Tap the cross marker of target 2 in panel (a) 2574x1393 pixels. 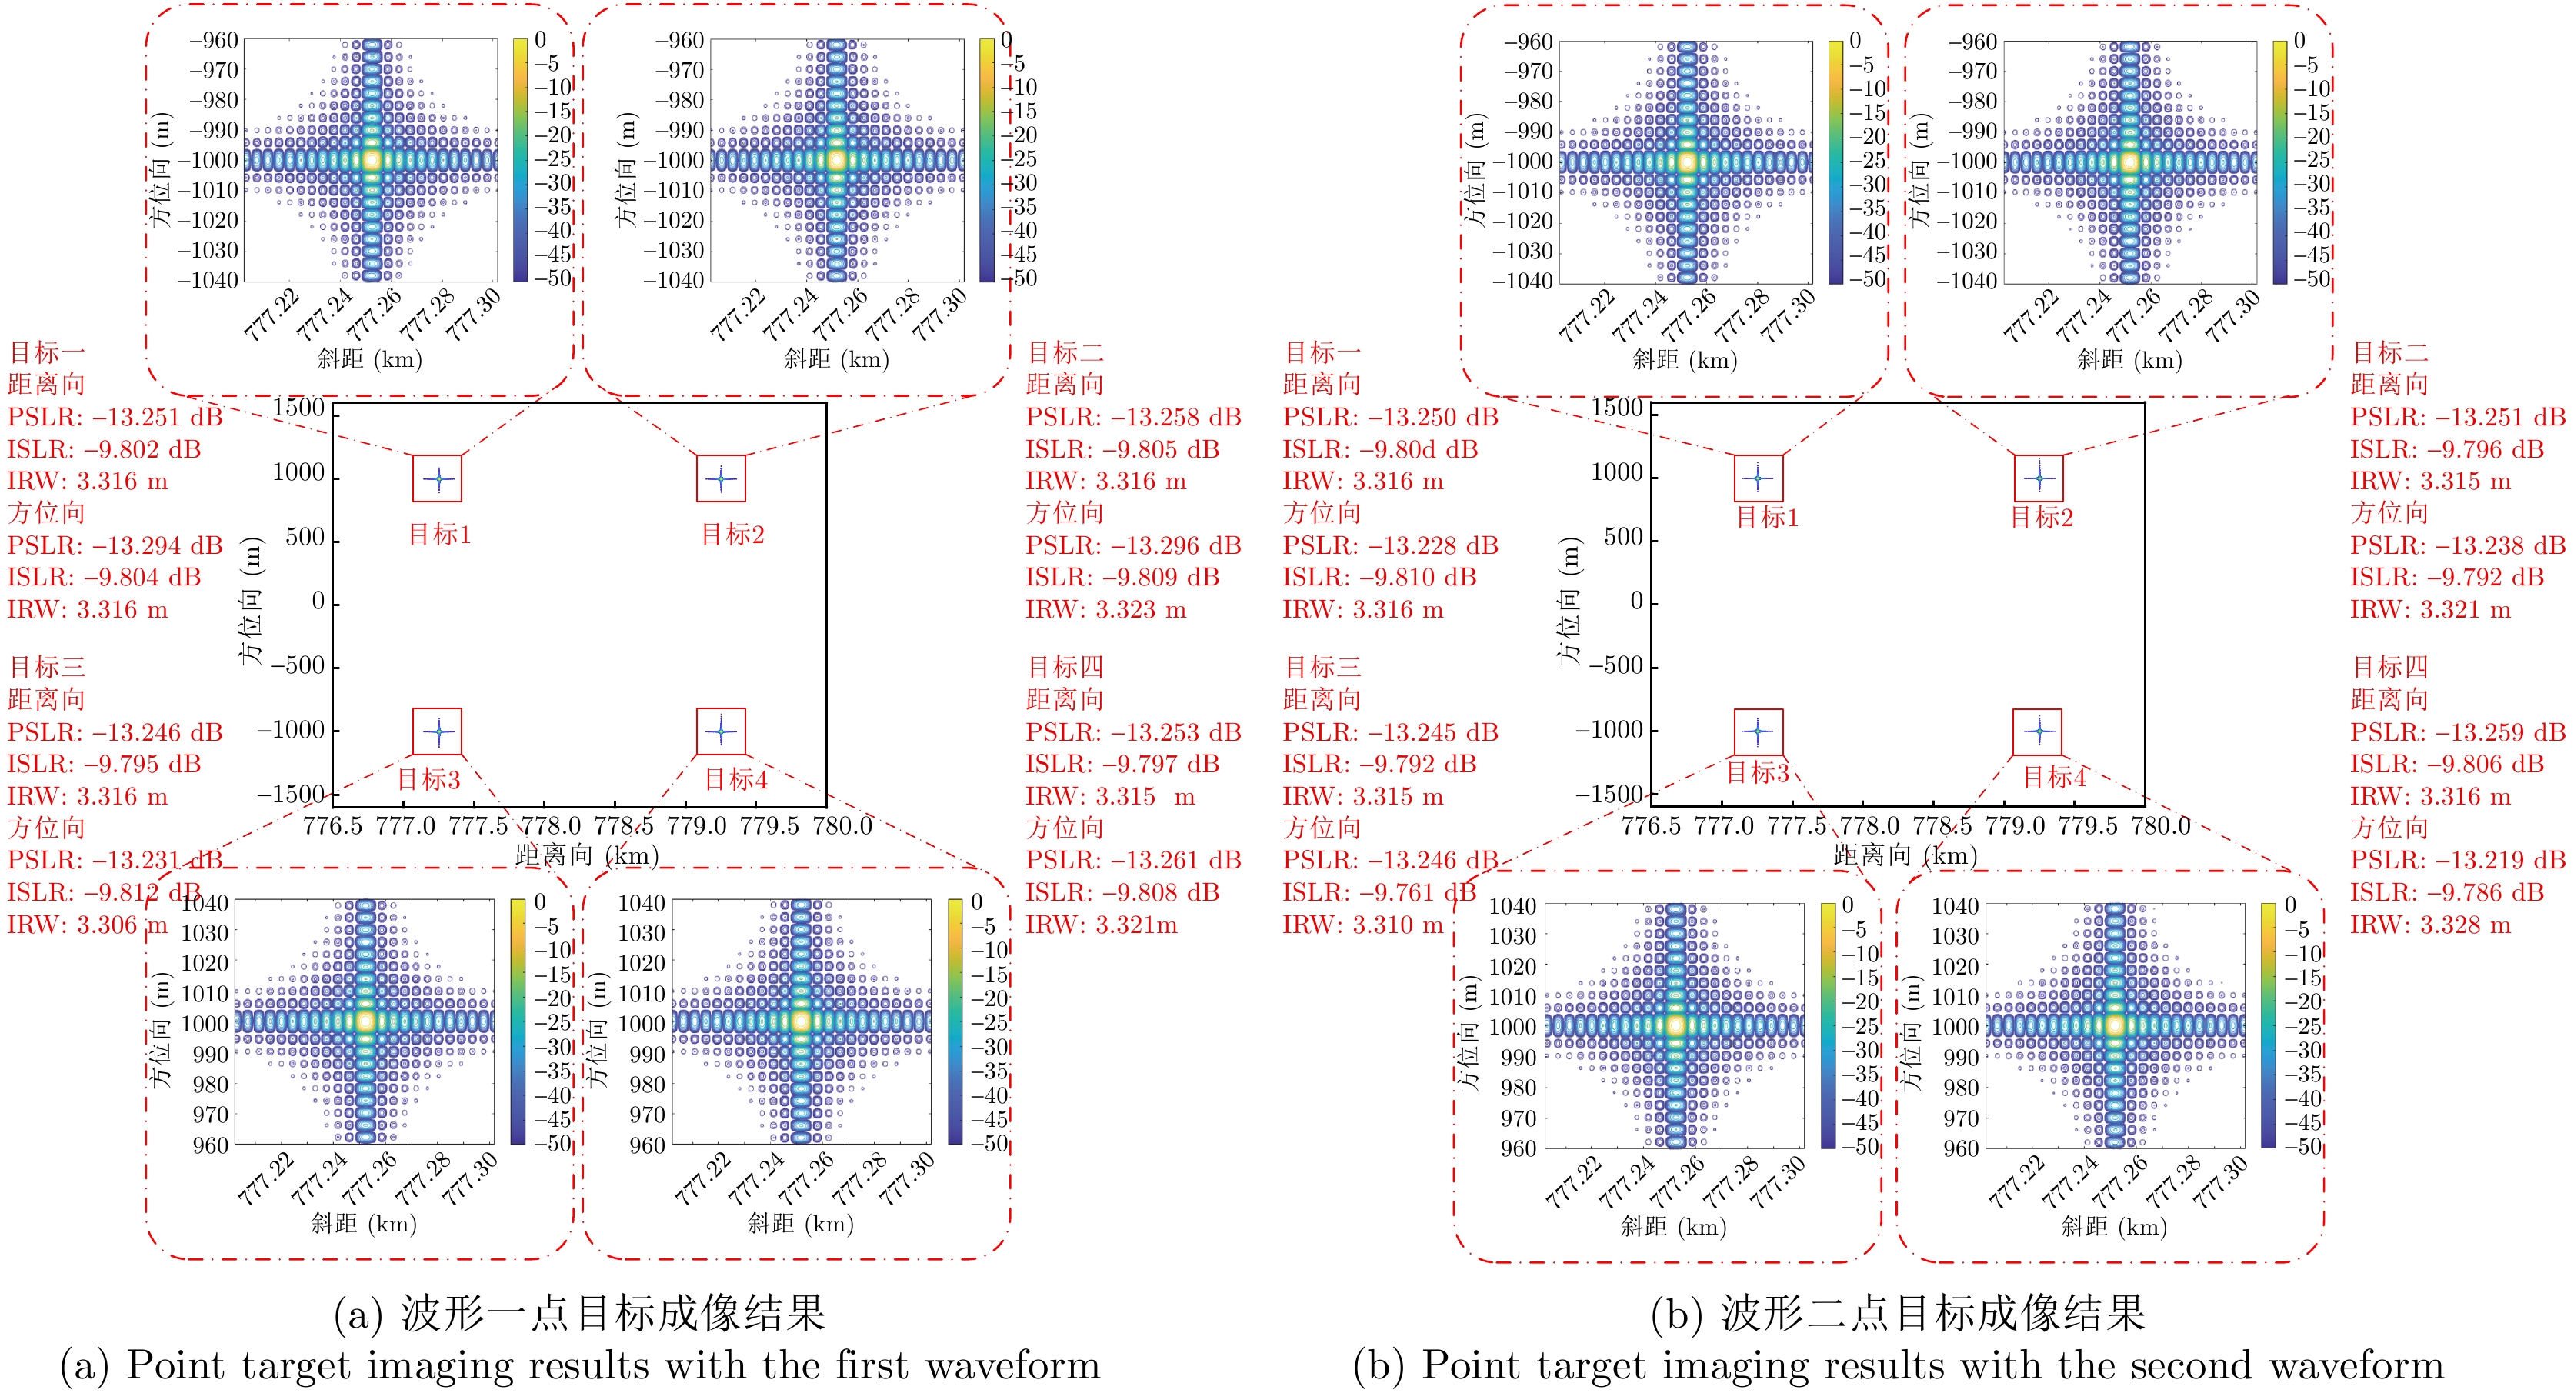click(721, 478)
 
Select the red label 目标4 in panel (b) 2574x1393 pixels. click(2055, 778)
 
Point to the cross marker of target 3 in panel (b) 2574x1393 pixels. click(1758, 731)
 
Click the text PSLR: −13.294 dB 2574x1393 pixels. click(115, 545)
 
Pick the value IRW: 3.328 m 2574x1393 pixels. click(2430, 925)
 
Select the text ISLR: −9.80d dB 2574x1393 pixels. click(1380, 450)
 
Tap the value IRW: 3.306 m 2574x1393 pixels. click(87, 925)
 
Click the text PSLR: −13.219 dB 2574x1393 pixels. click(2457, 861)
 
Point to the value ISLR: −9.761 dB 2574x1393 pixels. click(1379, 892)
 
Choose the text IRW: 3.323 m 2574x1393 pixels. click(1105, 609)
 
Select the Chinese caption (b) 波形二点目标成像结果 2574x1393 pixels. click(1898, 1313)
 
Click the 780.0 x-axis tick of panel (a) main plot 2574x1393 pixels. click(842, 826)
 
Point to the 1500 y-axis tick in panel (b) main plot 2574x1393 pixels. click(1617, 408)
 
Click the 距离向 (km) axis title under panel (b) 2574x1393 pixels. click(1905, 856)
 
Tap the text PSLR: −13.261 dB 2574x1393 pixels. click(1133, 861)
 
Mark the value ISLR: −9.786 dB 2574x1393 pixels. click(2446, 892)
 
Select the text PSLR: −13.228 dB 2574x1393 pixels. click(1390, 545)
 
